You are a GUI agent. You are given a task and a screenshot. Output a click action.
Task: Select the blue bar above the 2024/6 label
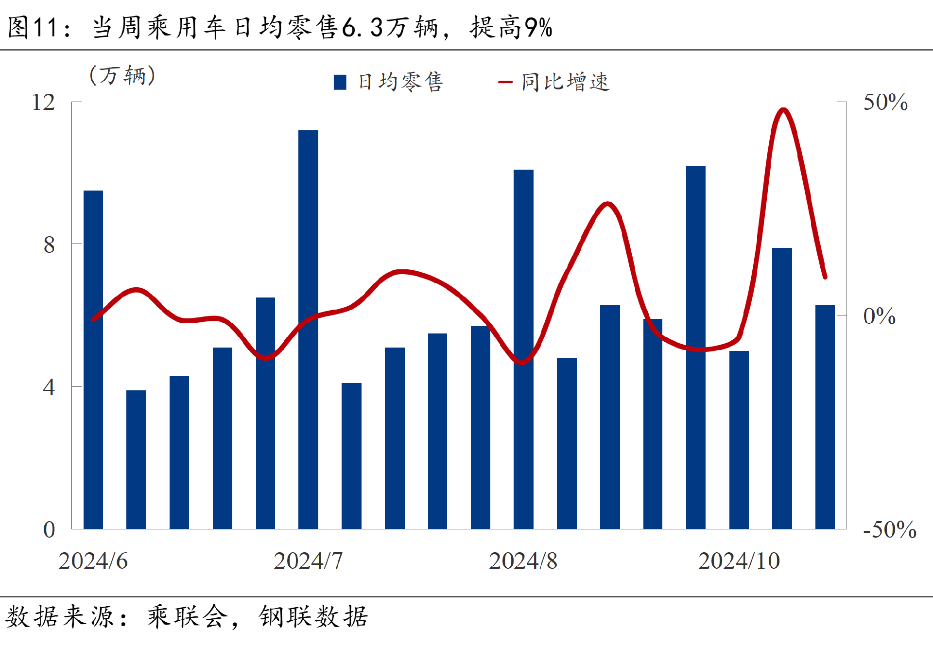(93, 359)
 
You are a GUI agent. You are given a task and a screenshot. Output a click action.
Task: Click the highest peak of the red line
(783, 110)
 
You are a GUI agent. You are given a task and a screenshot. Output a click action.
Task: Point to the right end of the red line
(825, 277)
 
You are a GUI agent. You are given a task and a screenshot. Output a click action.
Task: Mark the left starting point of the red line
(93, 319)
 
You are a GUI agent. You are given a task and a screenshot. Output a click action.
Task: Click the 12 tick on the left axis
(43, 103)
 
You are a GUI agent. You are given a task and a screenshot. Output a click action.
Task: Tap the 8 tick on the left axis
(49, 245)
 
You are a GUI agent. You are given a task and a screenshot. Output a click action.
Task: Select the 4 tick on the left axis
(49, 387)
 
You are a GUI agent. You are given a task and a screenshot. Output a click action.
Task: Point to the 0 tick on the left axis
(49, 529)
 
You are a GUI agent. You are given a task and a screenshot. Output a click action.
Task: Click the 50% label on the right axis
(885, 103)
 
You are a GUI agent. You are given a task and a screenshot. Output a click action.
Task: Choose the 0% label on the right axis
(879, 316)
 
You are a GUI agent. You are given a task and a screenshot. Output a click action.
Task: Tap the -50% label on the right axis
(889, 529)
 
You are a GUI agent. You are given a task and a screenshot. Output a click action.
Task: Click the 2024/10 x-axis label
(739, 561)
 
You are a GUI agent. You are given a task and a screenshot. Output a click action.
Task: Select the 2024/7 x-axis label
(308, 561)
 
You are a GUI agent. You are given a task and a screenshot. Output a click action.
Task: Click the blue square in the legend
(340, 82)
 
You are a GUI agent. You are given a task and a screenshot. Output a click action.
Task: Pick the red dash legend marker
(505, 82)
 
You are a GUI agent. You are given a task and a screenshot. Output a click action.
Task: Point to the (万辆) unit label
(122, 75)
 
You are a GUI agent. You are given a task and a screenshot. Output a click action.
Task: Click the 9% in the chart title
(538, 27)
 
